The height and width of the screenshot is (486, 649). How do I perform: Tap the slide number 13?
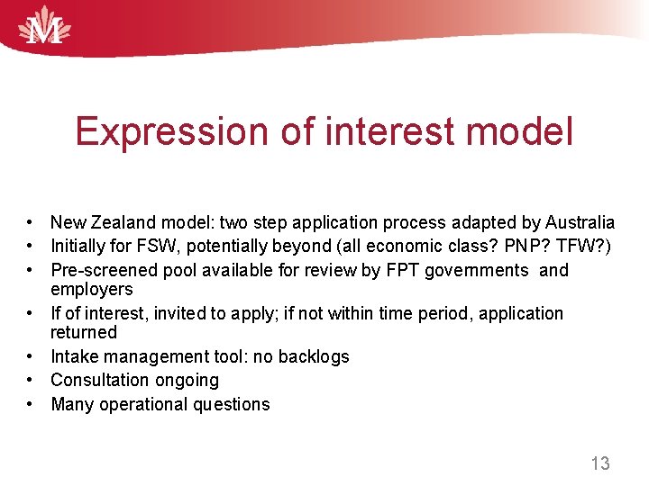coord(599,463)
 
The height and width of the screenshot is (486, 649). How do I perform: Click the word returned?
coord(84,332)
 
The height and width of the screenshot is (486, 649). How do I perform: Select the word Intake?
coord(73,356)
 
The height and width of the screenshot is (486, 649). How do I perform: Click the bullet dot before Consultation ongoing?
coord(30,381)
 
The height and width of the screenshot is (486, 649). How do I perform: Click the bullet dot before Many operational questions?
coord(30,404)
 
